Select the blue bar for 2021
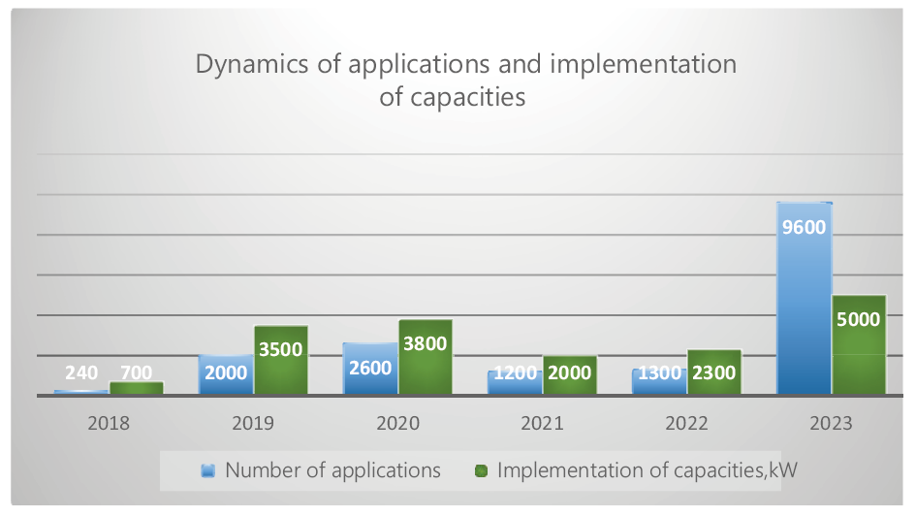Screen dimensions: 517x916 click(x=515, y=384)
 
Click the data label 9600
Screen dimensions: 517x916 click(x=805, y=229)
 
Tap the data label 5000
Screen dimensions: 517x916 click(x=859, y=320)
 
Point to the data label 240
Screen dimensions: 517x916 click(x=81, y=372)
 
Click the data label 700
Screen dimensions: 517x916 click(x=137, y=372)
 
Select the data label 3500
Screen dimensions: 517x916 click(x=281, y=350)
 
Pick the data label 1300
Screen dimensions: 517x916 click(x=659, y=372)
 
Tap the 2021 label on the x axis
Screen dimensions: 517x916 click(x=542, y=424)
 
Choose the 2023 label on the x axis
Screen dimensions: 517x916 click(x=832, y=424)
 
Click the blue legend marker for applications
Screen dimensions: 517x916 click(x=207, y=471)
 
